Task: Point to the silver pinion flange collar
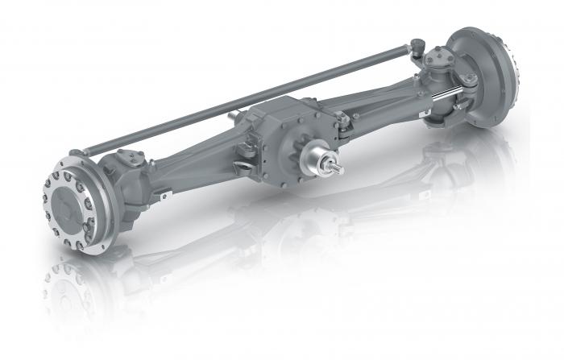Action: [316, 161]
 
